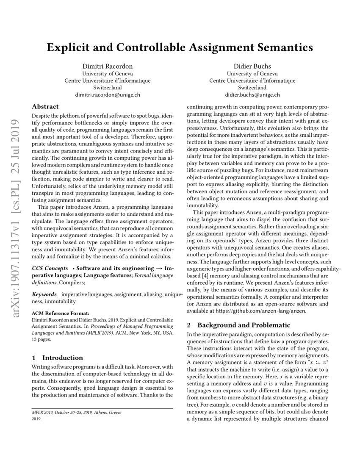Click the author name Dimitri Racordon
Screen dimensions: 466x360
pyautogui.click(x=107, y=66)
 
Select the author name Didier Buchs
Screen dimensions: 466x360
pyautogui.click(x=252, y=66)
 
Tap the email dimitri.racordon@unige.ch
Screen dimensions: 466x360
pyautogui.click(x=107, y=95)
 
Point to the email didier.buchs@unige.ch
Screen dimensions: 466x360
pyautogui.click(x=252, y=95)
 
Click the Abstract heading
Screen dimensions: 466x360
pyautogui.click(x=45, y=107)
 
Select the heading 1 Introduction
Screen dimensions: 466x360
pyautogui.click(x=58, y=358)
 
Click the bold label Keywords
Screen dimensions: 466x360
pyautogui.click(x=44, y=294)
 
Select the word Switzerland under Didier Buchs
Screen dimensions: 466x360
pyautogui.click(x=252, y=88)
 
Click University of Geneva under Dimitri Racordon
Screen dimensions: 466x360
pyautogui.click(x=107, y=73)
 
